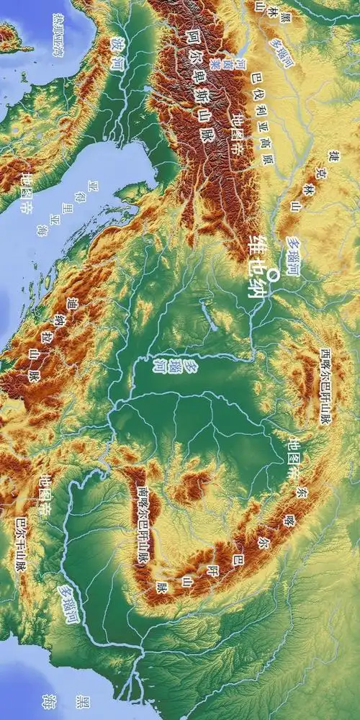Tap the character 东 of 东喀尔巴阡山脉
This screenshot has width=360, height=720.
300,492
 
